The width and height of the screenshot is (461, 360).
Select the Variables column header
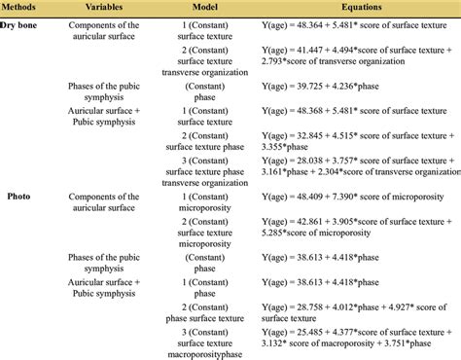click(105, 7)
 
